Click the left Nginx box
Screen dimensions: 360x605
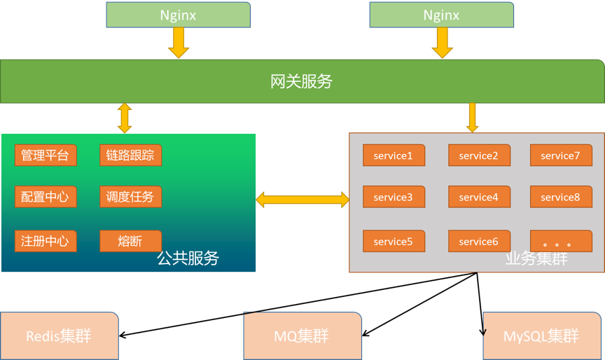point(179,15)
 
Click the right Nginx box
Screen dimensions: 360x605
point(442,15)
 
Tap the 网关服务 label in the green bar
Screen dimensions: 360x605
point(301,81)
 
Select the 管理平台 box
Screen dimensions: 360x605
point(46,155)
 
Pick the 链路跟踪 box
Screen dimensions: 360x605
point(131,155)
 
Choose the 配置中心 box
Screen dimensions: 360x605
point(46,197)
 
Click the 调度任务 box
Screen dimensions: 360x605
point(131,197)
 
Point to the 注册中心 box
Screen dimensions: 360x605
point(46,241)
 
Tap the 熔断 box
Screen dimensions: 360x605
point(131,241)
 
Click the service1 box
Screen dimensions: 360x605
point(394,155)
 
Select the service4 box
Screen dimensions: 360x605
point(479,198)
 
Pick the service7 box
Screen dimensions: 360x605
point(560,155)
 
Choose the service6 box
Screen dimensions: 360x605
point(479,242)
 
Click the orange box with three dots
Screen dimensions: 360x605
point(560,242)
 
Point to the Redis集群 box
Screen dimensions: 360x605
point(59,336)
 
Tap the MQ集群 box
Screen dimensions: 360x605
point(302,336)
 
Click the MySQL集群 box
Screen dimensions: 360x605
point(541,336)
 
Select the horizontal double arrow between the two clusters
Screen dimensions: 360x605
point(302,200)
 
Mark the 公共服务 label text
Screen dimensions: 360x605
point(188,258)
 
